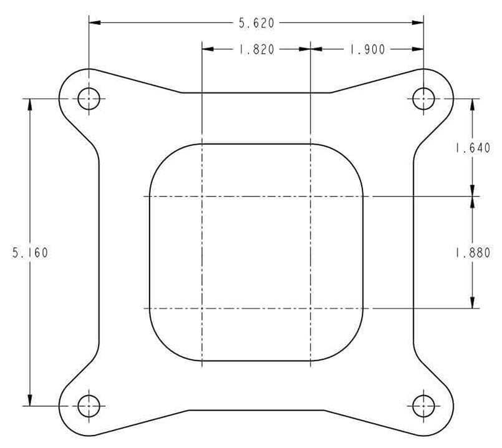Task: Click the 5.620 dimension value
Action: tap(256, 23)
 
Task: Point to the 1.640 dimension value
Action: tap(473, 149)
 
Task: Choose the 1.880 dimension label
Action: tap(473, 253)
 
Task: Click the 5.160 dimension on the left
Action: tap(30, 253)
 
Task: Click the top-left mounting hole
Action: tap(89, 98)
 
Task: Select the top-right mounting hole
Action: tap(423, 98)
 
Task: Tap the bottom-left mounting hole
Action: tap(89, 406)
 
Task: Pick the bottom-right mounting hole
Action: tap(423, 406)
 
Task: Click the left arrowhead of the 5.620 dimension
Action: tap(94, 23)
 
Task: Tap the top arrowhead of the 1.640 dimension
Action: tap(473, 104)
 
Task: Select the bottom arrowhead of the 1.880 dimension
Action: tap(473, 303)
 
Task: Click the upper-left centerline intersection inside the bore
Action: tap(202, 197)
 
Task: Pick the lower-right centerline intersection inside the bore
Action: tap(311, 308)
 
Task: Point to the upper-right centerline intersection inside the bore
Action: tap(311, 197)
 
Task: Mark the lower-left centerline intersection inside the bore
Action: tap(202, 308)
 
